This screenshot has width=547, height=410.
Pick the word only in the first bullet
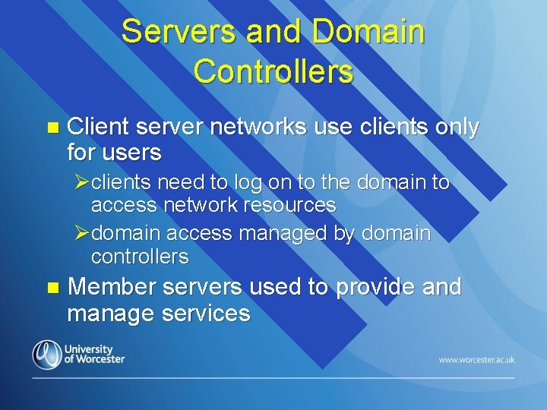pyautogui.click(x=457, y=128)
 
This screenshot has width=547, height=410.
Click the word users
pyautogui.click(x=130, y=153)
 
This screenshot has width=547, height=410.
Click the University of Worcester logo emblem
pyautogui.click(x=46, y=355)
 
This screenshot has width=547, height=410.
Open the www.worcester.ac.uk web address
pyautogui.click(x=476, y=359)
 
